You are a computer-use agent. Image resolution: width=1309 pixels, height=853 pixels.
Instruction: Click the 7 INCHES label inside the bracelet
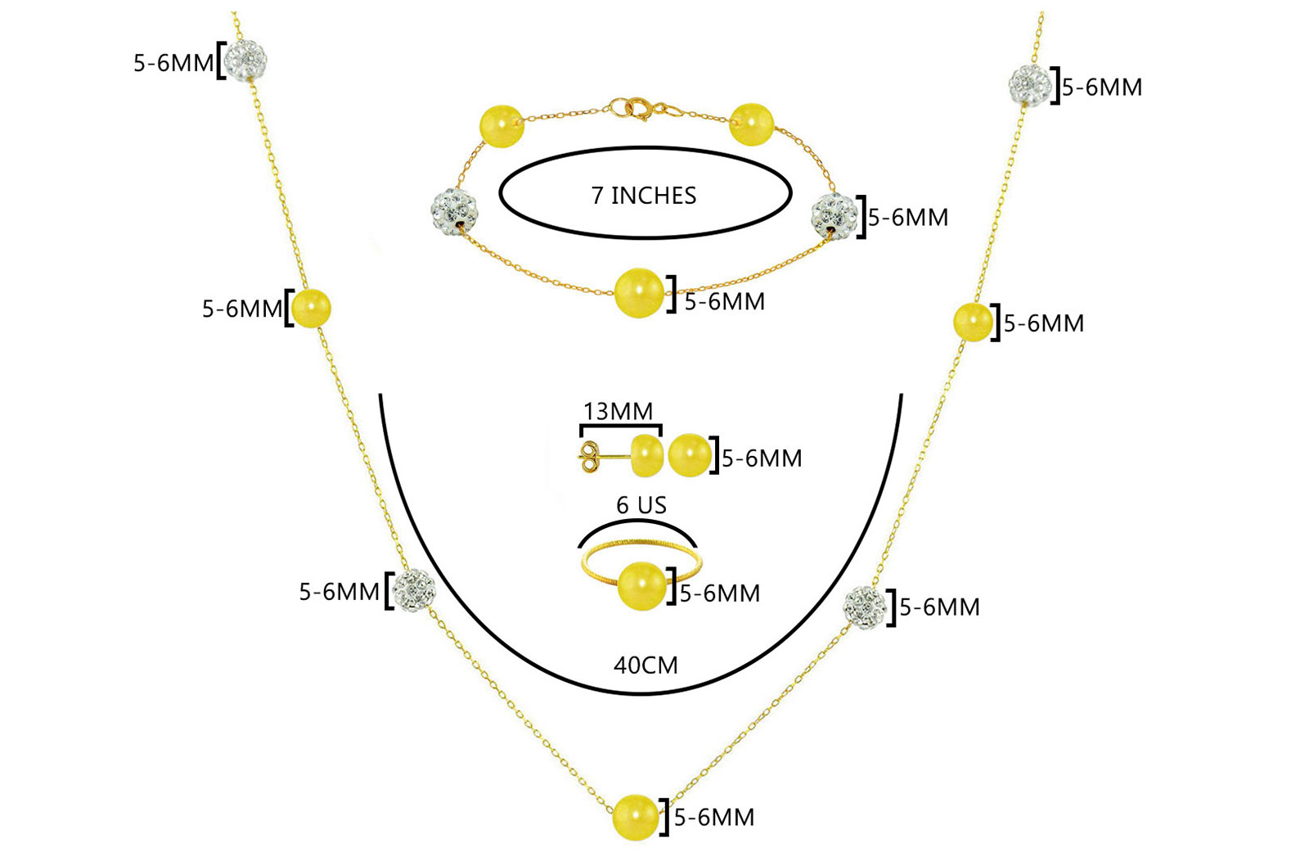(x=643, y=196)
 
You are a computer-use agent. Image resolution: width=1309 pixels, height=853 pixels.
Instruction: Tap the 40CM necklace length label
(x=646, y=666)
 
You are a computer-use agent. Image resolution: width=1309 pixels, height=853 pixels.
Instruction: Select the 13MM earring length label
(x=618, y=412)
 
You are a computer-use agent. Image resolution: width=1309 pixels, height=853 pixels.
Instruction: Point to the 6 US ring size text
(x=641, y=505)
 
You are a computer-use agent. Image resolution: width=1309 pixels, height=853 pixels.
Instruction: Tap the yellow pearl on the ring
(x=641, y=586)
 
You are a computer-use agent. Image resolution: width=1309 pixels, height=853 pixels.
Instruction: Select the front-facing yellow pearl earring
(x=690, y=455)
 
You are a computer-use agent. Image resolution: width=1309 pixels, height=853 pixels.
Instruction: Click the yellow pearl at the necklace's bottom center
(x=635, y=817)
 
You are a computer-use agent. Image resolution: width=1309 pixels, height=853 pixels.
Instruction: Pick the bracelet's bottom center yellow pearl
(x=639, y=293)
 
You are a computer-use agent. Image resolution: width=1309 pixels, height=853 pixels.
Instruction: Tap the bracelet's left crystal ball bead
(x=453, y=210)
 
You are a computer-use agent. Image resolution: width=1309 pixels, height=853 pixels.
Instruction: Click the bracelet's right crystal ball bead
(x=834, y=215)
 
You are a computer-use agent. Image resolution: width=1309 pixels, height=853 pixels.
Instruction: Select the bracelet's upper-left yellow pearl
(x=501, y=126)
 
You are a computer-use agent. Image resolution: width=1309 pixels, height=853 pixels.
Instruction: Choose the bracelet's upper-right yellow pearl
(x=752, y=124)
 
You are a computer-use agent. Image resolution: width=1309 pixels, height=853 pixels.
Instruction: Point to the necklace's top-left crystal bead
(x=245, y=60)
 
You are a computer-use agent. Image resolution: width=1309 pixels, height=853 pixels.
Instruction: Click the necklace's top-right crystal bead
(x=1030, y=85)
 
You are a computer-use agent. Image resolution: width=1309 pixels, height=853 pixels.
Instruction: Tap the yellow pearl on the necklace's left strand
(x=311, y=308)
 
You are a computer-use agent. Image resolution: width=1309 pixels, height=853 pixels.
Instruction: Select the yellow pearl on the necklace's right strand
(x=973, y=322)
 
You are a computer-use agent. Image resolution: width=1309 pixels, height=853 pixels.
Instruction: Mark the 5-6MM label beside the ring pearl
(x=719, y=593)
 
